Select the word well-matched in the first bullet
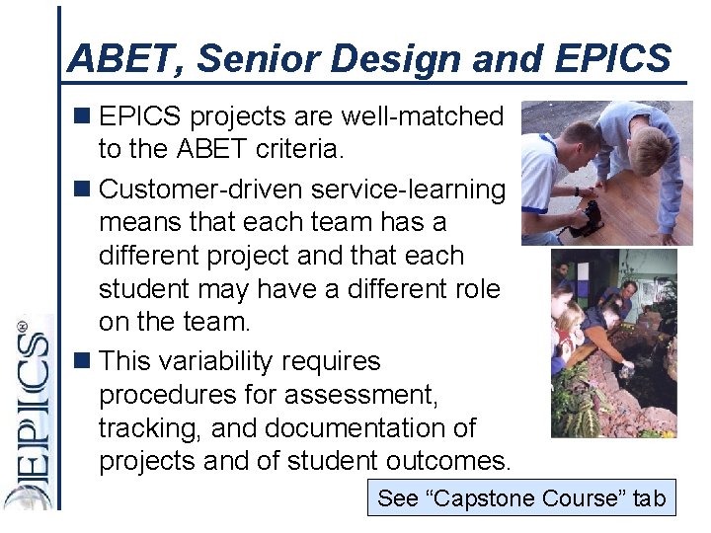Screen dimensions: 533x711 pyautogui.click(x=422, y=116)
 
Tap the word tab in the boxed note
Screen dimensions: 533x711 pyautogui.click(x=650, y=498)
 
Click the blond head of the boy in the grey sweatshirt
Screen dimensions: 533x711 pyautogui.click(x=650, y=148)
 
